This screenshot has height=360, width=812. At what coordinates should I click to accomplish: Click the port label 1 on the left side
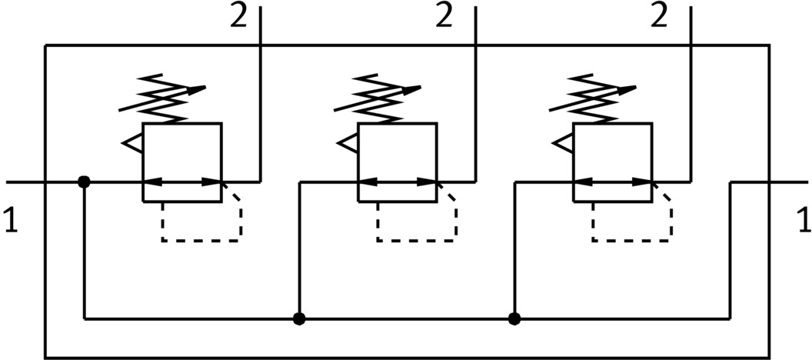click(10, 221)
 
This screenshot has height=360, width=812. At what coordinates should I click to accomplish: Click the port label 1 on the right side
click(803, 221)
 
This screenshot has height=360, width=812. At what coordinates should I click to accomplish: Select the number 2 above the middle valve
click(444, 17)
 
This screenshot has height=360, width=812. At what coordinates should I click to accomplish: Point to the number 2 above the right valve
click(659, 17)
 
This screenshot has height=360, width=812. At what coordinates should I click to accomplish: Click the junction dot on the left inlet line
click(84, 182)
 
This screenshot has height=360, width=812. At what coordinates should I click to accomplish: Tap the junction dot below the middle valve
click(299, 318)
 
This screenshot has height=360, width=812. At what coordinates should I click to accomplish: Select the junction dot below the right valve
click(514, 318)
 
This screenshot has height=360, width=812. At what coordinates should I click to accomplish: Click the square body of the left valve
click(182, 154)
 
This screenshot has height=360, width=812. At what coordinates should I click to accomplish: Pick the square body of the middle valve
click(398, 154)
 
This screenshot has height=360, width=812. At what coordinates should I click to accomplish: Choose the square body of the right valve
click(613, 154)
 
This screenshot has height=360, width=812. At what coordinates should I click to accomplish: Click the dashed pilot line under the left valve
click(201, 240)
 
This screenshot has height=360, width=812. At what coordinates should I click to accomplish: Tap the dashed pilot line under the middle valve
click(417, 240)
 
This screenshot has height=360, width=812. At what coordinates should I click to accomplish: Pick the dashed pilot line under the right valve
click(632, 240)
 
